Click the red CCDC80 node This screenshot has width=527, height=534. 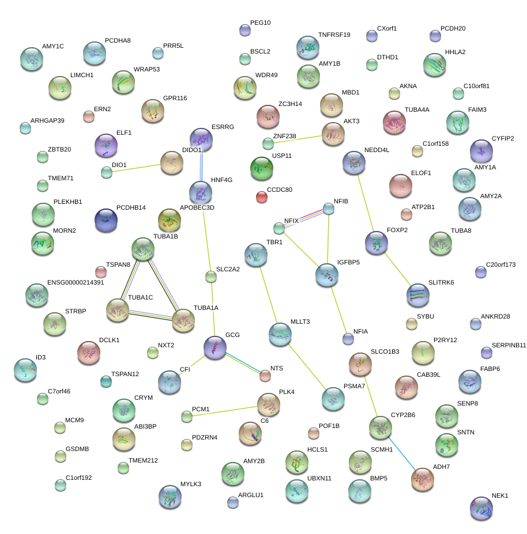pyautogui.click(x=262, y=198)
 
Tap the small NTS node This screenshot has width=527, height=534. pyautogui.click(x=265, y=376)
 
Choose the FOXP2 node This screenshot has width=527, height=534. pyautogui.click(x=377, y=243)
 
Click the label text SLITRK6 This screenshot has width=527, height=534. pyautogui.click(x=441, y=282)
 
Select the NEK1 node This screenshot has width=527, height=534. pyautogui.click(x=481, y=508)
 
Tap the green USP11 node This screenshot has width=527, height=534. pyautogui.click(x=262, y=168)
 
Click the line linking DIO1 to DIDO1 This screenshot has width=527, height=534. pyautogui.click(x=138, y=168)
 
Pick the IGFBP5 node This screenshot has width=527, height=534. pyautogui.click(x=327, y=275)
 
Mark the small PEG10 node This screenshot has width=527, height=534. pyautogui.click(x=245, y=31)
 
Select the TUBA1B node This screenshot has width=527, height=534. pyautogui.click(x=143, y=249)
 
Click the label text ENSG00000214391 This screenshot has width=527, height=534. pyautogui.click(x=76, y=282)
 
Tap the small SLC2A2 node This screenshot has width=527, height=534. pyautogui.click(x=211, y=277)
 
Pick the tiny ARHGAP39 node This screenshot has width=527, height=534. pyautogui.click(x=25, y=128)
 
